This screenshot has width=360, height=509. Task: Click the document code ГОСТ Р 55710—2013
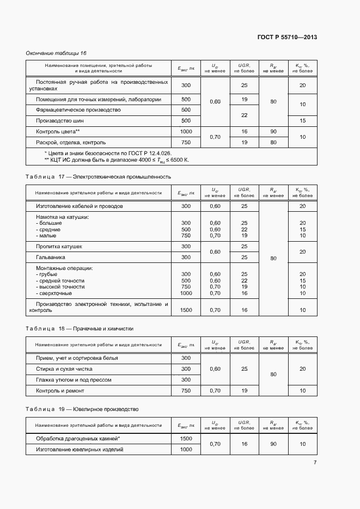click(286, 37)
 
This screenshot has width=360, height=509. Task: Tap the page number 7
click(315, 463)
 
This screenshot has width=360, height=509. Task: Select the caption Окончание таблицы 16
click(56, 53)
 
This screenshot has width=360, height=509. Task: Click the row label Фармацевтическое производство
click(78, 110)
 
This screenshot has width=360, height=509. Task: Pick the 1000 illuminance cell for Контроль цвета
click(186, 132)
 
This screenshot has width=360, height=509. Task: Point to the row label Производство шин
click(60, 121)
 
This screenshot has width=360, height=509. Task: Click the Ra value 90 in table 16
click(273, 132)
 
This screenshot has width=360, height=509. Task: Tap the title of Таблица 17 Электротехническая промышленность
click(98, 177)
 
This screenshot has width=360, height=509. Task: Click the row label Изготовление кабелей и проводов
click(80, 206)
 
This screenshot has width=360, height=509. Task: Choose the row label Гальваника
click(51, 257)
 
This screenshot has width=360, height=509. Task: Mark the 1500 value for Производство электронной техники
click(186, 310)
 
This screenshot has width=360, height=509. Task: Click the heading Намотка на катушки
click(62, 217)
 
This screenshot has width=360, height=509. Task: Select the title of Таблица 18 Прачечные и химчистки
click(80, 329)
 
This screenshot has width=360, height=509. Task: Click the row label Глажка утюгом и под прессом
click(74, 380)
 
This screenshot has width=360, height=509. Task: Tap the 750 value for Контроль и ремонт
click(186, 391)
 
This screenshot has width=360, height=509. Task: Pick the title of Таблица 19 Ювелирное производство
click(82, 409)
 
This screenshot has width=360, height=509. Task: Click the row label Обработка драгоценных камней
click(78, 439)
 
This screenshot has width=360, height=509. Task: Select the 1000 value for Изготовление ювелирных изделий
click(186, 450)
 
